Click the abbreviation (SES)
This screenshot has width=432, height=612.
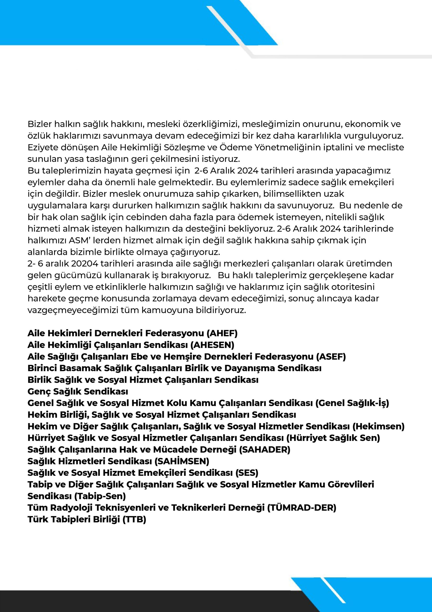(x=247, y=473)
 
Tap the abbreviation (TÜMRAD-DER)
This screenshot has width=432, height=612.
(x=302, y=508)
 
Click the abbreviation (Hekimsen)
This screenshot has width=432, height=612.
(x=379, y=426)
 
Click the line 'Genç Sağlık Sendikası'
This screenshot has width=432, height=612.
(x=78, y=391)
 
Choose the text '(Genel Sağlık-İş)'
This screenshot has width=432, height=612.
(x=352, y=403)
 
